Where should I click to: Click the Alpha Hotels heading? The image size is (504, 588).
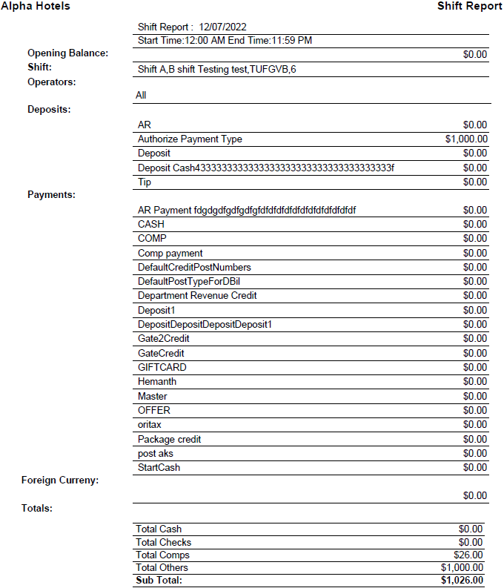click(36, 6)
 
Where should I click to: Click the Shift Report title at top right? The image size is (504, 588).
click(469, 6)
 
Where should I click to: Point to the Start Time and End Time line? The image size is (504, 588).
click(225, 40)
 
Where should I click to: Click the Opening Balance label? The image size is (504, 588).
click(67, 53)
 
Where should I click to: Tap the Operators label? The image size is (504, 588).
click(52, 82)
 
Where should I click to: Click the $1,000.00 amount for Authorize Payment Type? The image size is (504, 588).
click(466, 139)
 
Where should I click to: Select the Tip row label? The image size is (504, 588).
click(145, 182)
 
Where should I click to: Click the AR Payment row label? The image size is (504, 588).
click(247, 210)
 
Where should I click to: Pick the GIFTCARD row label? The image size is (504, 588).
click(162, 367)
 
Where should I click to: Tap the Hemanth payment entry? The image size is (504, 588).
click(157, 381)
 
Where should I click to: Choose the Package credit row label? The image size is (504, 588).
click(169, 439)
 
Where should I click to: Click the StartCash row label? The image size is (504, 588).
click(159, 467)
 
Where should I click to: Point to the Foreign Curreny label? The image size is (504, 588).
click(60, 480)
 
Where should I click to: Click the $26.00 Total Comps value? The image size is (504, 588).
click(468, 555)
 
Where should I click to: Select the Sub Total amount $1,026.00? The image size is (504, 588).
click(462, 580)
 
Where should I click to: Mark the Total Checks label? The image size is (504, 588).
click(163, 542)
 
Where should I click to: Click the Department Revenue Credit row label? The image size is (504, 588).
click(197, 296)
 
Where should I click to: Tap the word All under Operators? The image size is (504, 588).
click(141, 96)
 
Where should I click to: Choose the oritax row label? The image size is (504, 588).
click(150, 424)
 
